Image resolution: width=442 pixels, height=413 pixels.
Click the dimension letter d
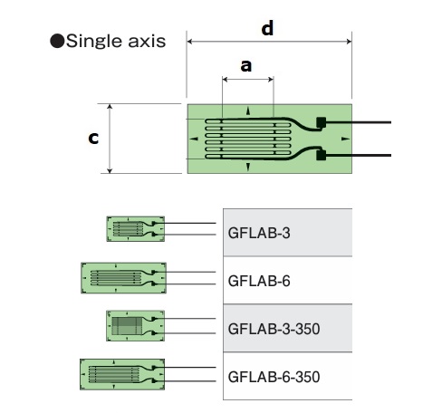coord(267,28)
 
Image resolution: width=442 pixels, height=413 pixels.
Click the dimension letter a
coord(246,66)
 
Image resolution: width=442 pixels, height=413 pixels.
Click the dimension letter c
coord(93,138)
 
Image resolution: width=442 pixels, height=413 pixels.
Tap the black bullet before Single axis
coord(57,41)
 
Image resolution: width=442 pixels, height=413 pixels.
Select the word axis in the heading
coord(147,41)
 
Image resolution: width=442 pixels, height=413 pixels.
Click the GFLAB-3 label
coord(259,233)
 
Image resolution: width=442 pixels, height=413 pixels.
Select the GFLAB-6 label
coord(259,281)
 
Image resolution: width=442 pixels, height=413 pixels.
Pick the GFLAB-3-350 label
coord(274,329)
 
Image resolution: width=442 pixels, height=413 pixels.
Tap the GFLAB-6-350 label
coord(274,377)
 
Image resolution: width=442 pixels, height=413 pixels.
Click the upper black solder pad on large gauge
coord(321,122)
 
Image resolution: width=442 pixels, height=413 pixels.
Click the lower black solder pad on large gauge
coord(321,155)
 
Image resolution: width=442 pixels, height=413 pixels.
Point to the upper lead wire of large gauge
coord(359,122)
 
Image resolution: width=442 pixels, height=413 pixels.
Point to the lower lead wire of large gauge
coord(359,155)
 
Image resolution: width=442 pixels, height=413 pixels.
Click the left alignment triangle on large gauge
coord(194,139)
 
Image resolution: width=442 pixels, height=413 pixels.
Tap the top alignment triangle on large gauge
coord(248,110)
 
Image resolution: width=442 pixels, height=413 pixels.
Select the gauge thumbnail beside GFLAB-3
coord(136,229)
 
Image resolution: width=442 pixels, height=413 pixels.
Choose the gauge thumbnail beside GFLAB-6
coord(123,278)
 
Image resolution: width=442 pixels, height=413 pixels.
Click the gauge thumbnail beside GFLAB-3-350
coord(136,326)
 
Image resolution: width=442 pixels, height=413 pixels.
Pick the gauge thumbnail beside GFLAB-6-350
coord(122,374)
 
